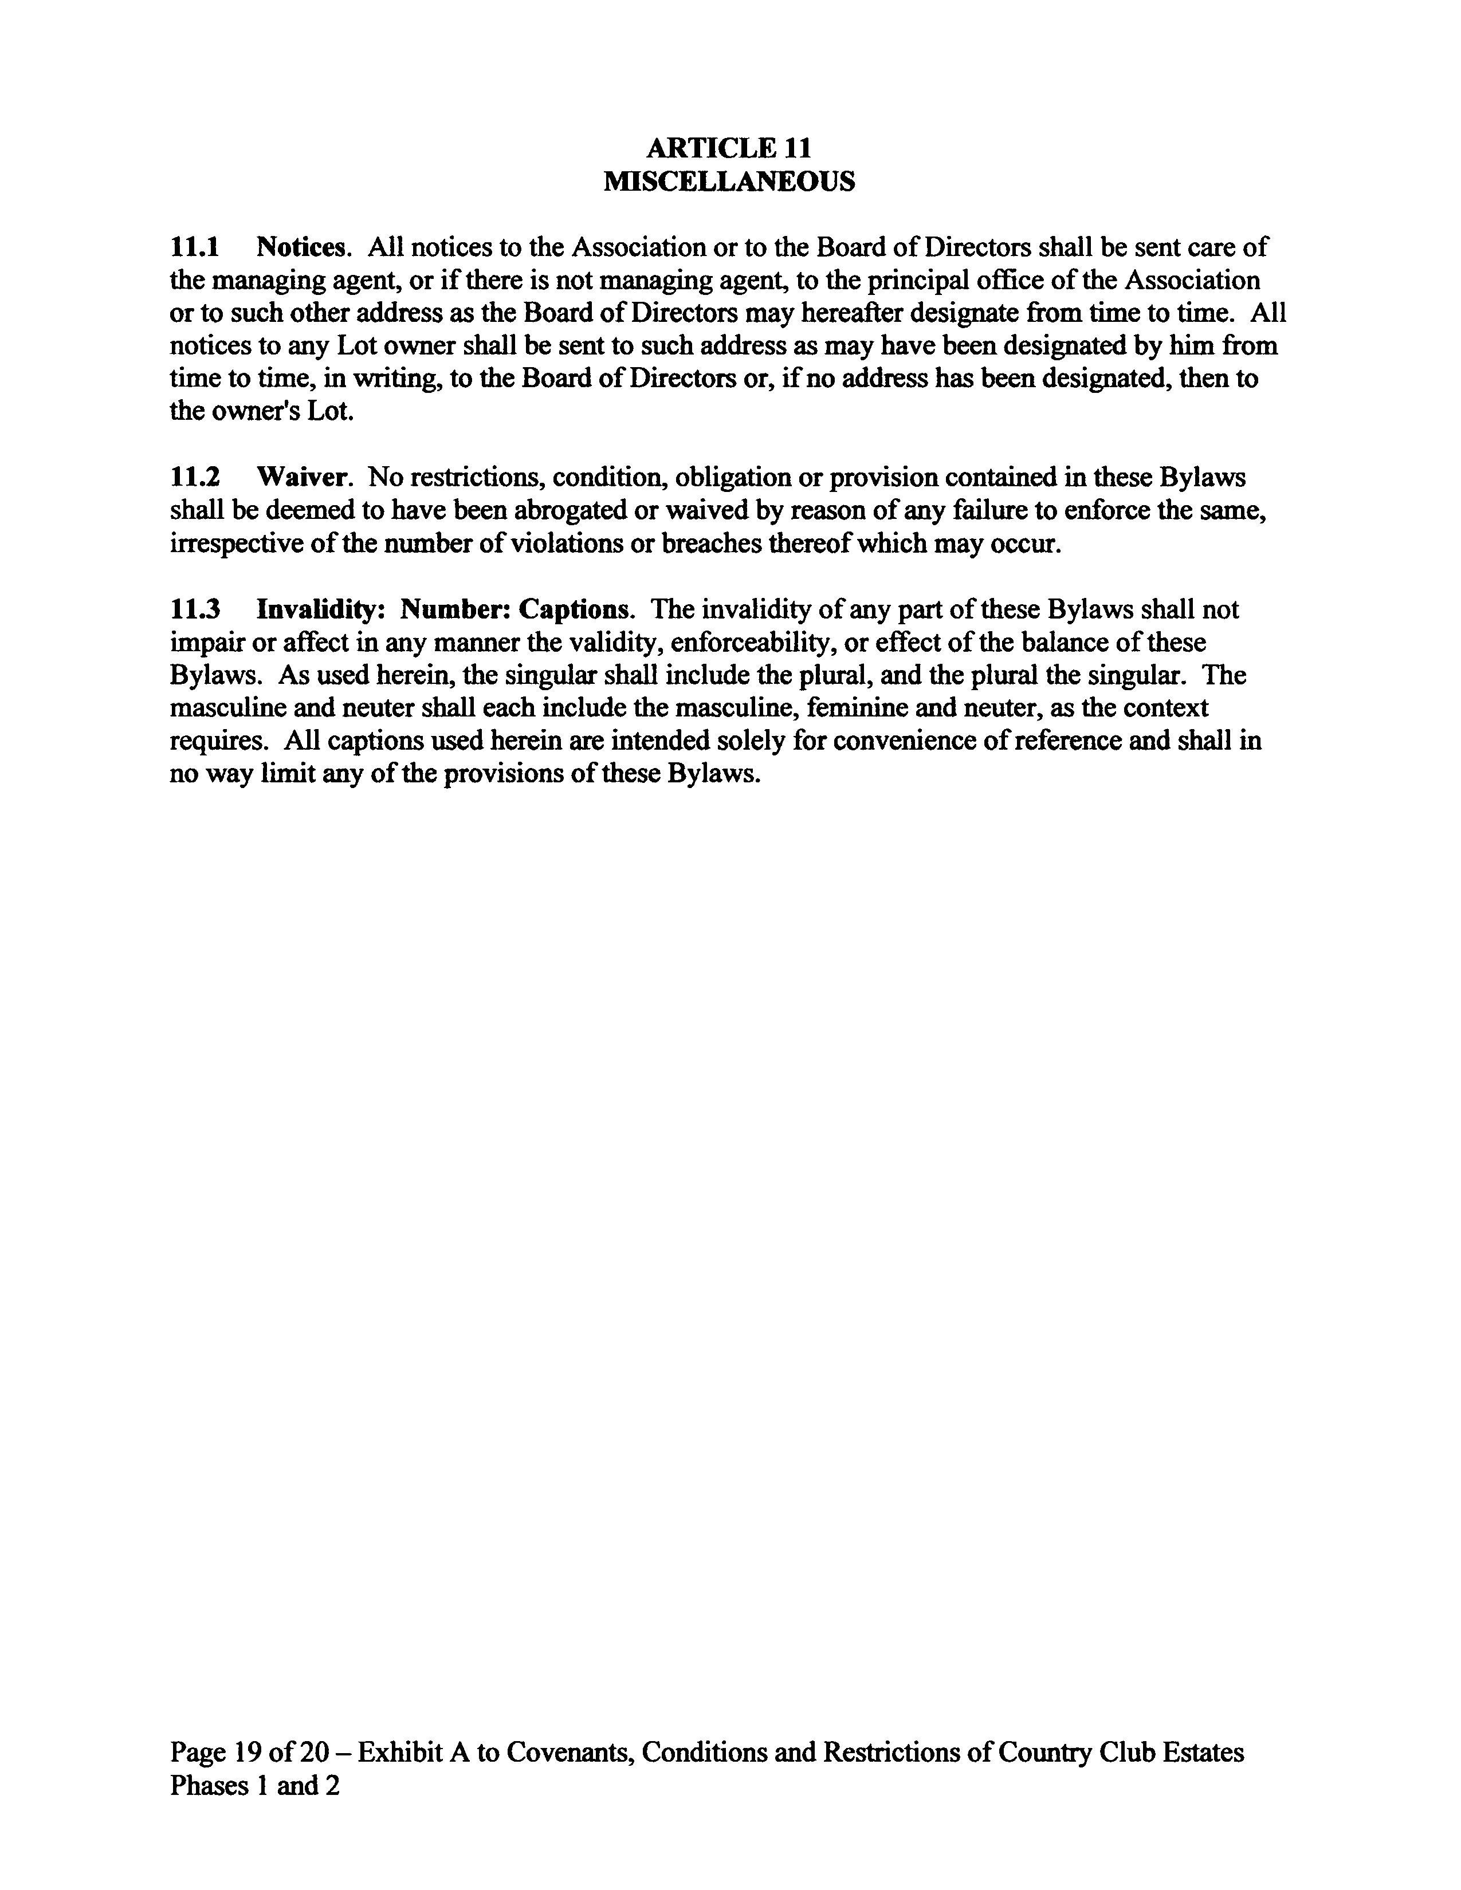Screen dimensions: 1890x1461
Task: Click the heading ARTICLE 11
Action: point(729,149)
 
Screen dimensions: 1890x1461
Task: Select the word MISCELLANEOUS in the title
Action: point(729,182)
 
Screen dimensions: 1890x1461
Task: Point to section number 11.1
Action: point(195,247)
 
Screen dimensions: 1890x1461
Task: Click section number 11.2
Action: point(195,478)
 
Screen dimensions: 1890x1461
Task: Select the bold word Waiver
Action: point(303,478)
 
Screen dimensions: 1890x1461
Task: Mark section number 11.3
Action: point(195,610)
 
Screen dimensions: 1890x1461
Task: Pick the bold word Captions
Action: point(574,610)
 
